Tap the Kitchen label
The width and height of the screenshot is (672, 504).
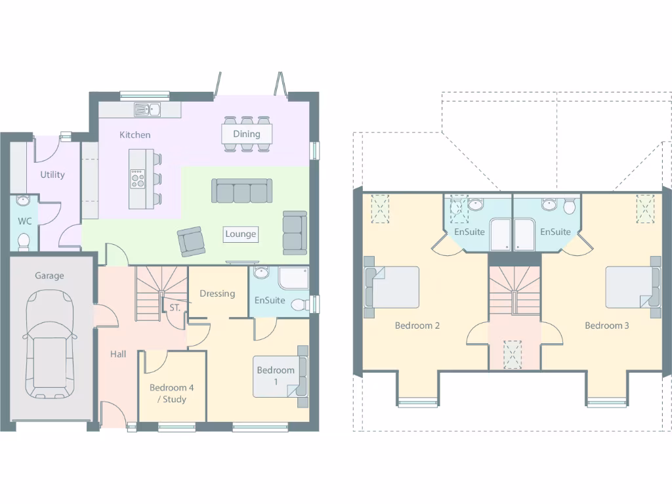[x=135, y=135]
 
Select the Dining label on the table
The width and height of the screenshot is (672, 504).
[x=247, y=134]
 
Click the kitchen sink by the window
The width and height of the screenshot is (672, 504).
[x=148, y=110]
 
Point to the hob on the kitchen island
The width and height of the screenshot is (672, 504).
[x=138, y=178]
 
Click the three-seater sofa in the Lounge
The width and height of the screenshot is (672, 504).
[x=241, y=191]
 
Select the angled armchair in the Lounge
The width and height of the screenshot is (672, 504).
[x=191, y=241]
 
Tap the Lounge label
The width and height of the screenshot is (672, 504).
[x=241, y=234]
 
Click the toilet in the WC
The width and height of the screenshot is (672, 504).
[x=24, y=241]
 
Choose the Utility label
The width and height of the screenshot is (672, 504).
[x=52, y=175]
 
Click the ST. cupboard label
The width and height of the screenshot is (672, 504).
[x=175, y=307]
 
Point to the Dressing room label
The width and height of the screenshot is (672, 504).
[x=217, y=293]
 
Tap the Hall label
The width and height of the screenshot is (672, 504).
[x=118, y=354]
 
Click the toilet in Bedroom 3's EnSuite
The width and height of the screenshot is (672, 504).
[x=569, y=207]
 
